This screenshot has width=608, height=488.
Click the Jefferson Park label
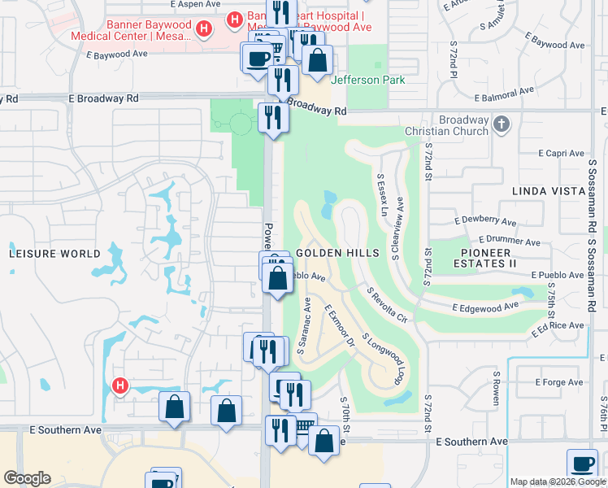pyautogui.click(x=367, y=80)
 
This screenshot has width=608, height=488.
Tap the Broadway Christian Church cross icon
pyautogui.click(x=502, y=124)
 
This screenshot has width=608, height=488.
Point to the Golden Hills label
pyautogui.click(x=337, y=253)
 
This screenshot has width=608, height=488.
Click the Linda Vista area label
pyautogui.click(x=549, y=191)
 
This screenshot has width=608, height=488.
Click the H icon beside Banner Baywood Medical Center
pyautogui.click(x=204, y=30)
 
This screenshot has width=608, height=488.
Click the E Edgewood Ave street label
pyautogui.click(x=486, y=307)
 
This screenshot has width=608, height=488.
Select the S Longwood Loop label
pyautogui.click(x=383, y=357)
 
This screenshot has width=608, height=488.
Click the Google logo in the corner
pyautogui.click(x=27, y=478)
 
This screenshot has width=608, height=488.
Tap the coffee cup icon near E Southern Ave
pyautogui.click(x=581, y=464)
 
